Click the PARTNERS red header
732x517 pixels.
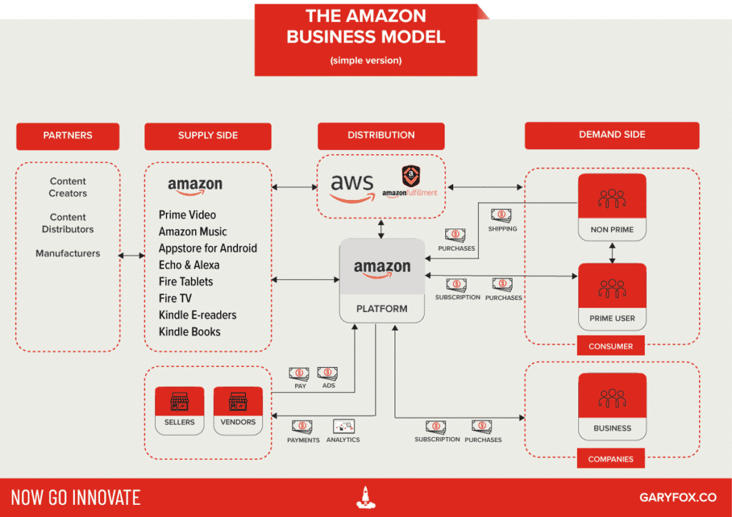click(x=68, y=135)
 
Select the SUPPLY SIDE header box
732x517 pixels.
click(x=207, y=136)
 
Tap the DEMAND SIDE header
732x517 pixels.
click(x=612, y=135)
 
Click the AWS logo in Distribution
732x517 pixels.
click(x=352, y=188)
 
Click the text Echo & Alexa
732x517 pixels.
click(x=189, y=265)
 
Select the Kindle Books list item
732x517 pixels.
click(x=189, y=331)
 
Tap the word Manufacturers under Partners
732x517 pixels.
click(x=68, y=253)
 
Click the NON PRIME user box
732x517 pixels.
click(x=612, y=207)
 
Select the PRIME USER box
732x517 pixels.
click(x=612, y=296)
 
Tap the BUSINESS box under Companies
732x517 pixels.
click(x=612, y=406)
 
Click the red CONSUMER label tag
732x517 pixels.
click(x=610, y=346)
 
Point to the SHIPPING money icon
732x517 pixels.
click(x=501, y=215)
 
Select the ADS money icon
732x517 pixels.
click(x=327, y=373)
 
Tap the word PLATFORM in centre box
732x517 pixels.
click(x=382, y=308)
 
